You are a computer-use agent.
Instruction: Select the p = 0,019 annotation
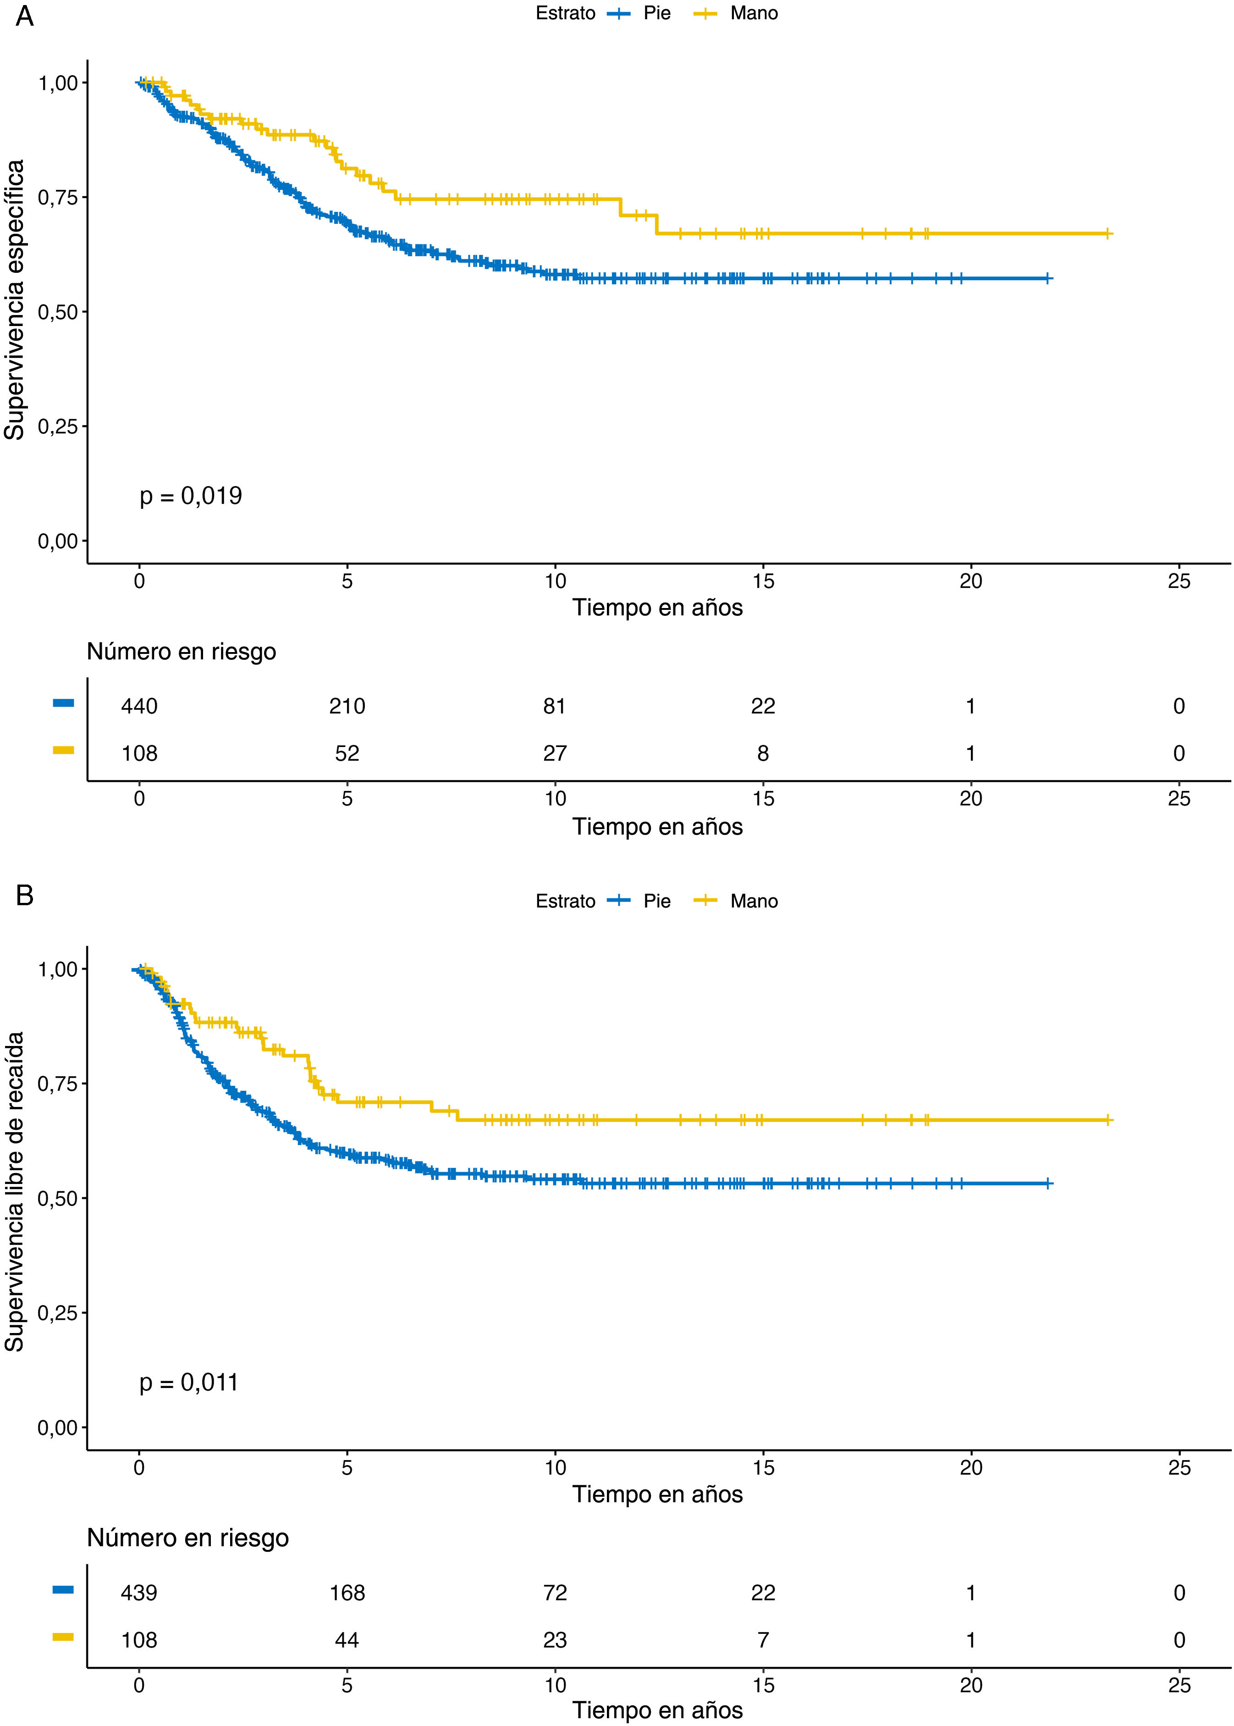[x=191, y=496]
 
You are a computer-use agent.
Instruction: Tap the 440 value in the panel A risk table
[x=139, y=706]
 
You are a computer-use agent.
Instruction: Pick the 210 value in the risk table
[x=347, y=706]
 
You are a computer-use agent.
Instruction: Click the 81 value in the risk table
[x=555, y=706]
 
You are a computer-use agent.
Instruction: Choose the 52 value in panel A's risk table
[x=347, y=753]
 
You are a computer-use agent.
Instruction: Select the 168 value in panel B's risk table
[x=347, y=1592]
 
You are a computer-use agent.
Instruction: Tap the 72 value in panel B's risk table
[x=555, y=1592]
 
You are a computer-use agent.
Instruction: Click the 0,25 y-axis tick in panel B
[x=58, y=1312]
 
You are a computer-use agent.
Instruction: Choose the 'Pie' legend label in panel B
[x=656, y=902]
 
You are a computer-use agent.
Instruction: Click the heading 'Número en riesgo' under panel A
[x=182, y=651]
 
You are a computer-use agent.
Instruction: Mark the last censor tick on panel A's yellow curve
[x=1108, y=233]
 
